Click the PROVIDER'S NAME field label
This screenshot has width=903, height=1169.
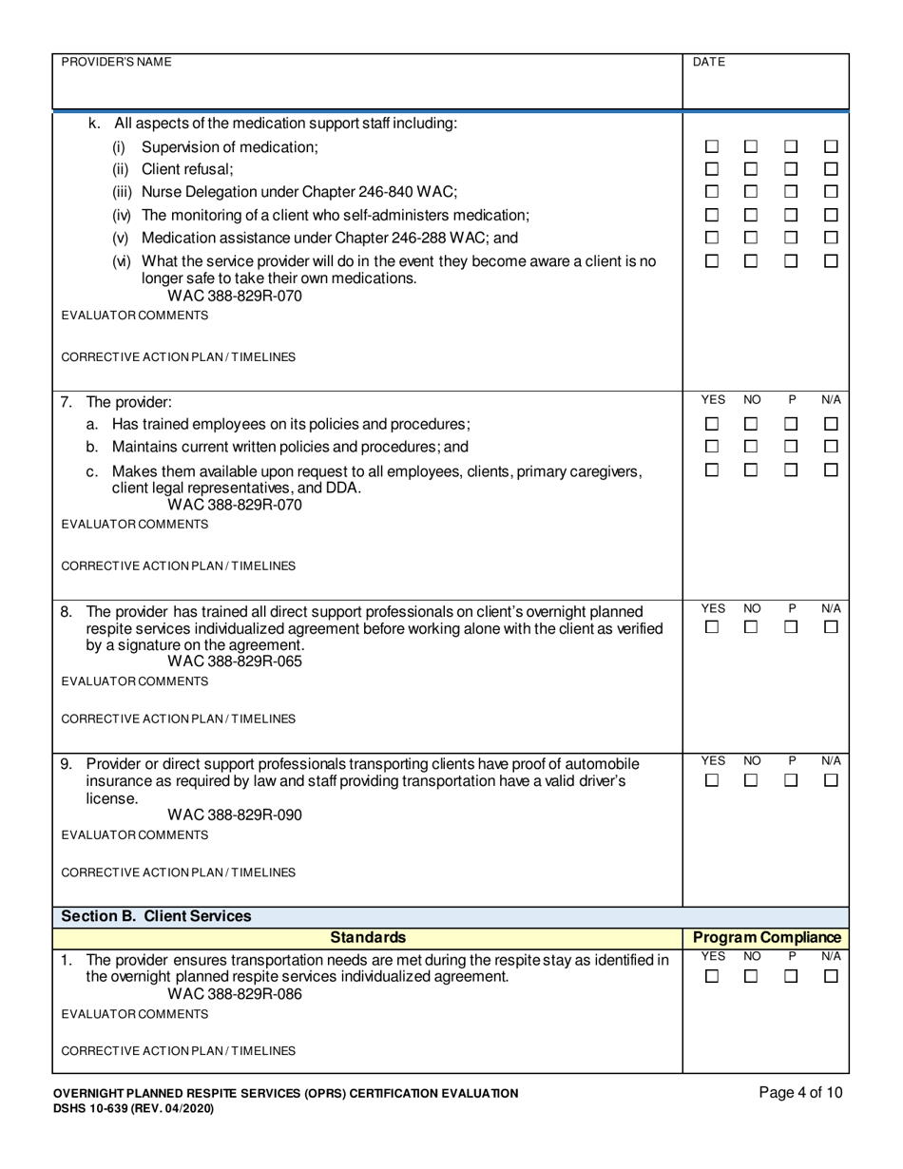116,62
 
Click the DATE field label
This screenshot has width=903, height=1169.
709,62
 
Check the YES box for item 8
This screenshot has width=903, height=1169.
712,627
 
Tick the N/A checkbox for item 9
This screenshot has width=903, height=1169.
831,780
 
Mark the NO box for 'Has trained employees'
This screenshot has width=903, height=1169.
751,424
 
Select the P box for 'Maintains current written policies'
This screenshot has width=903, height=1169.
791,447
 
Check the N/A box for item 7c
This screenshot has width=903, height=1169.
831,470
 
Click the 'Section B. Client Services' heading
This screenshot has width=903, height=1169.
156,916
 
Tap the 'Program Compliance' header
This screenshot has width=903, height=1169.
767,938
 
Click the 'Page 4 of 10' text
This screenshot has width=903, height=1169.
800,1093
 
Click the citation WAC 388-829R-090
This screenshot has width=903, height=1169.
235,815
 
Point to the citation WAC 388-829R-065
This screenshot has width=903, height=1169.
235,662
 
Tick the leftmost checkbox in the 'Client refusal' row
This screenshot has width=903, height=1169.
712,169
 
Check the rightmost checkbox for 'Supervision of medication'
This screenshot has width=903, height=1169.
831,147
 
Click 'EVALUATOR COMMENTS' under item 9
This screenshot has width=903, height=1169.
134,834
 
